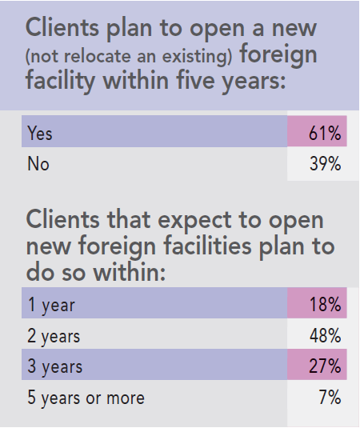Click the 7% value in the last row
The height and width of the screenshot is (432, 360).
(x=330, y=397)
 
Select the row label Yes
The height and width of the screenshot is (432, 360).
(x=41, y=134)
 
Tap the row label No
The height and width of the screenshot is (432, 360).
(x=38, y=164)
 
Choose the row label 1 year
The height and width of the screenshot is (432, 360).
(x=50, y=304)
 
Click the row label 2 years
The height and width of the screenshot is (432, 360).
(x=54, y=335)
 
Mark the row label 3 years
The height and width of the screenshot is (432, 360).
(x=54, y=366)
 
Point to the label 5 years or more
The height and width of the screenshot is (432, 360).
(x=86, y=397)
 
